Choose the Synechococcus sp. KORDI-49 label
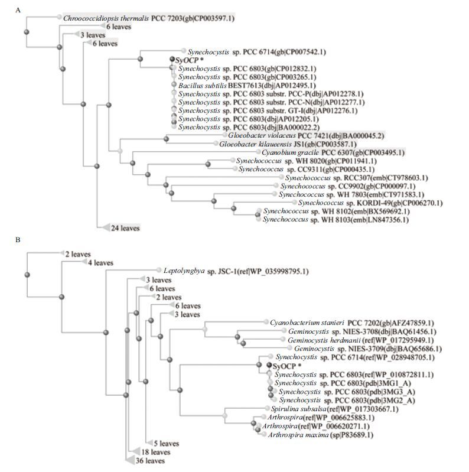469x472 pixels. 370,203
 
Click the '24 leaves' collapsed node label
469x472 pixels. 125,227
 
